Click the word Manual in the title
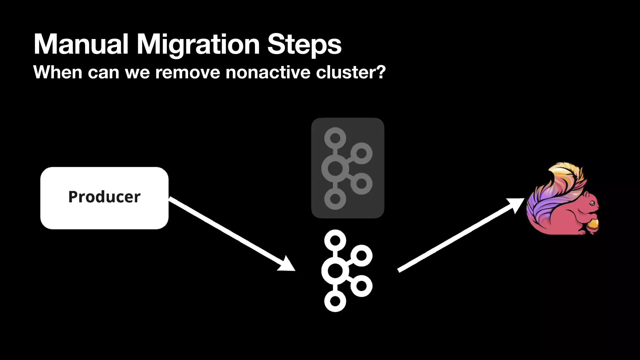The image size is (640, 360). [81, 44]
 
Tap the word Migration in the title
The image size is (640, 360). [198, 44]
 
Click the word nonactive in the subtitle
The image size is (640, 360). [268, 72]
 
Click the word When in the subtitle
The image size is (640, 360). [57, 72]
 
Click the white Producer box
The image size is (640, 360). [104, 198]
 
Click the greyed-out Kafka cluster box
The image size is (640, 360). [347, 168]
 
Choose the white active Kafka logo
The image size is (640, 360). [347, 271]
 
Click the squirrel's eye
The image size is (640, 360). [592, 203]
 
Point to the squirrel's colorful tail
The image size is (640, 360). [550, 197]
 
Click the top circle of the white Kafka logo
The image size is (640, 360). [335, 241]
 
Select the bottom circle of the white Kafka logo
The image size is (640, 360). [335, 301]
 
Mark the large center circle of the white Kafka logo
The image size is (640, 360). [335, 271]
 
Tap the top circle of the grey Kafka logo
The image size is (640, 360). [335, 138]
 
